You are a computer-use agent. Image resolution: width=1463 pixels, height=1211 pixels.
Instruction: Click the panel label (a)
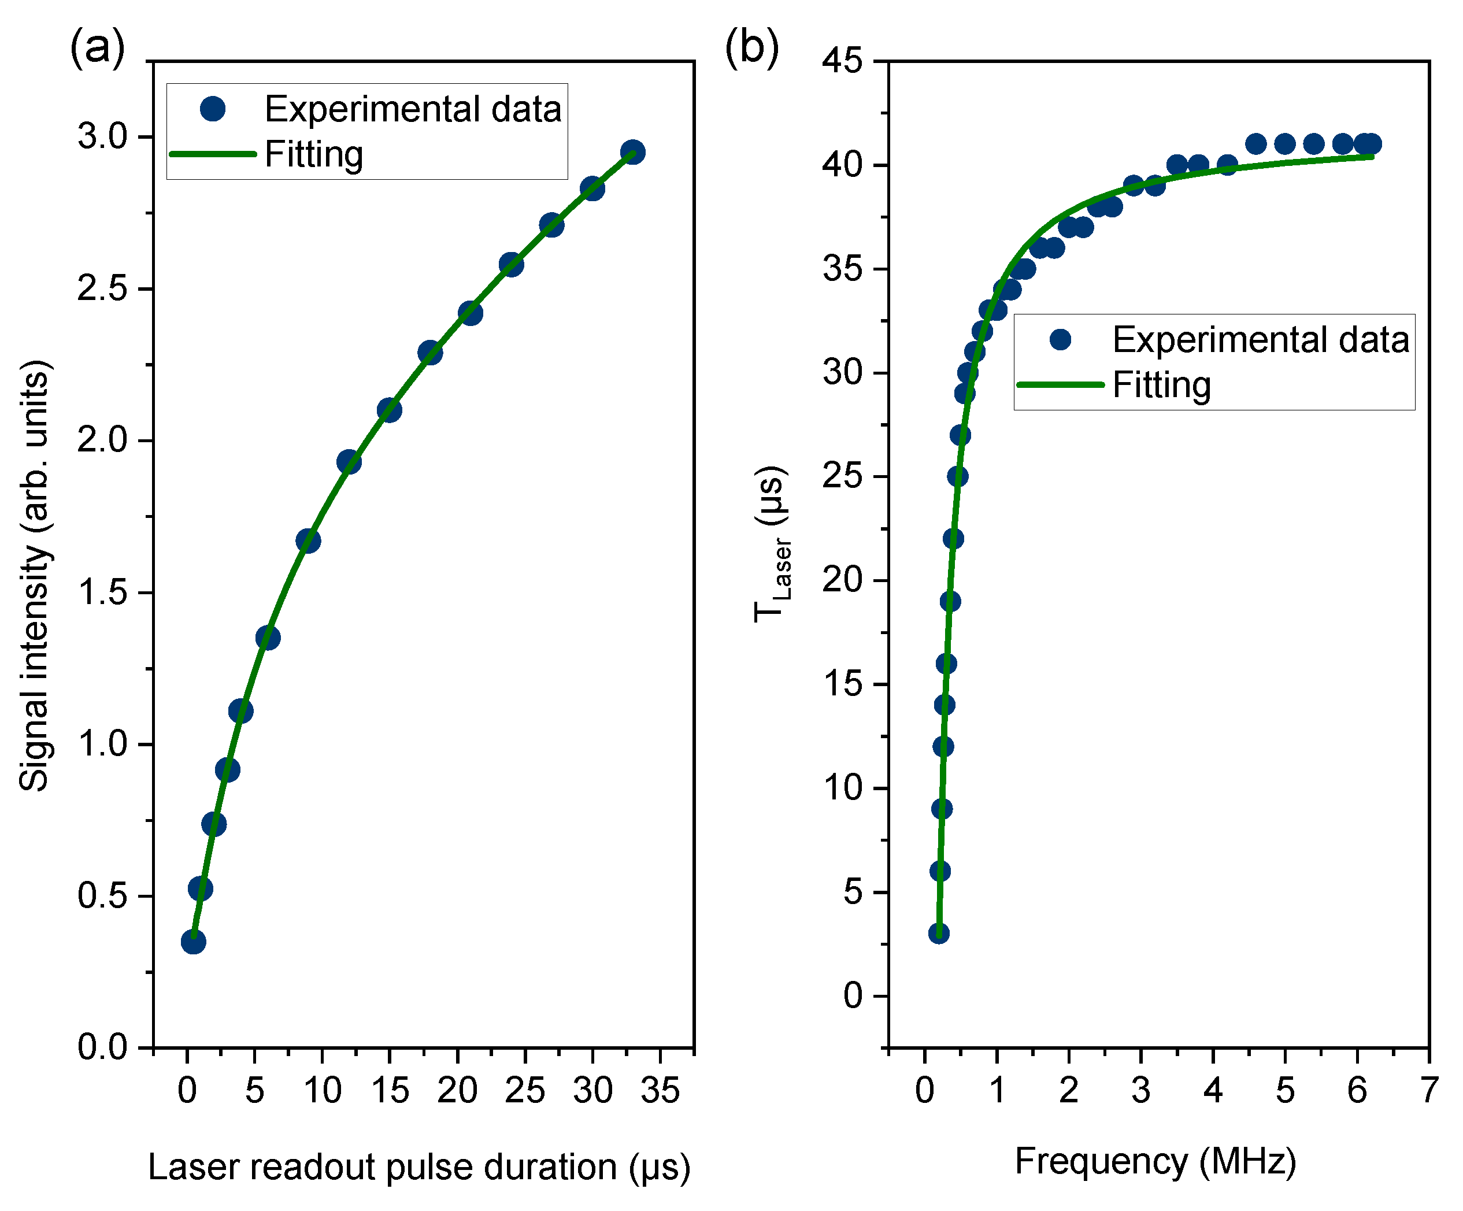tap(97, 47)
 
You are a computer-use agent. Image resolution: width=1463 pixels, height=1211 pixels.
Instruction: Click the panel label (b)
tap(751, 47)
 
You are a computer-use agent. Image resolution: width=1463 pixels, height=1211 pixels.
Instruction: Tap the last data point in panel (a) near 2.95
tap(632, 152)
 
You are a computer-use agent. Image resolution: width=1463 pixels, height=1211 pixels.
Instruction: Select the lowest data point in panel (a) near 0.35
tap(193, 942)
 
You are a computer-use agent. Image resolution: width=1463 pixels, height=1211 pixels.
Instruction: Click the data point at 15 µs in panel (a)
tap(390, 410)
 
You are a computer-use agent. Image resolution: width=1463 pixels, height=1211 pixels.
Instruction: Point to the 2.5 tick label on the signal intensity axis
tap(102, 288)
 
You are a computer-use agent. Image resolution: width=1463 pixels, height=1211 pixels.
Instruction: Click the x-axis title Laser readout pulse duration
tap(418, 1167)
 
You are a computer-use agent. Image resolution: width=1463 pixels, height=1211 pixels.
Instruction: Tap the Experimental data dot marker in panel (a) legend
tap(213, 109)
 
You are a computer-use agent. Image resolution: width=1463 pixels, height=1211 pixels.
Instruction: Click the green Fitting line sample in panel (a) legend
tap(213, 154)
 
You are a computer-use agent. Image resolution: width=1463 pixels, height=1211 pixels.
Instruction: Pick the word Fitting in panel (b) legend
tap(1161, 384)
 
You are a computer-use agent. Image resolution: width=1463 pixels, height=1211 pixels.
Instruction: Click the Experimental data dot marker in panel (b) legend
tap(1060, 339)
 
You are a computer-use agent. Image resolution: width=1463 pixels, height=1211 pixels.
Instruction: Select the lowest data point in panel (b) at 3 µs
tap(938, 934)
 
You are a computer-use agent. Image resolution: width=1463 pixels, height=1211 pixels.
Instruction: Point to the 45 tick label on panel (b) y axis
tap(842, 61)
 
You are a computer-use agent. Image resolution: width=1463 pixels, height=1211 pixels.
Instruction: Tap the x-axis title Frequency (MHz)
tap(1155, 1161)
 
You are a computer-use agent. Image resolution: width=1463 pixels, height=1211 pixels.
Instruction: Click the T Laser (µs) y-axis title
tap(772, 543)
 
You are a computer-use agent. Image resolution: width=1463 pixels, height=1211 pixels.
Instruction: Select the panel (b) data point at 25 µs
tap(957, 476)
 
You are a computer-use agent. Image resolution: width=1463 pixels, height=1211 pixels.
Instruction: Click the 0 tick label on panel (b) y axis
tap(853, 997)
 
